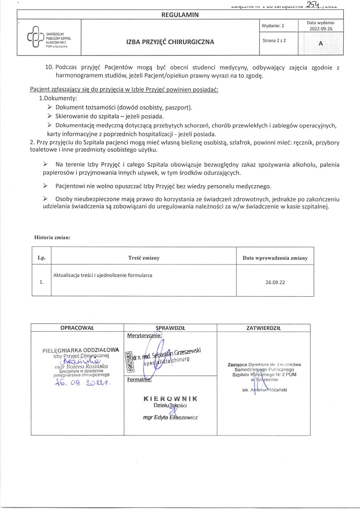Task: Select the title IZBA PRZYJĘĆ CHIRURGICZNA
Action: tap(170, 42)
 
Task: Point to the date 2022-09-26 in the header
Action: tap(321, 28)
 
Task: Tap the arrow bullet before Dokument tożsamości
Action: tap(50, 108)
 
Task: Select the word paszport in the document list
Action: tap(179, 108)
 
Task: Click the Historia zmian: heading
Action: tap(53, 237)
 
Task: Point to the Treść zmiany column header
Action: tap(144, 258)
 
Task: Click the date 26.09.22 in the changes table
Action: tap(275, 282)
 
